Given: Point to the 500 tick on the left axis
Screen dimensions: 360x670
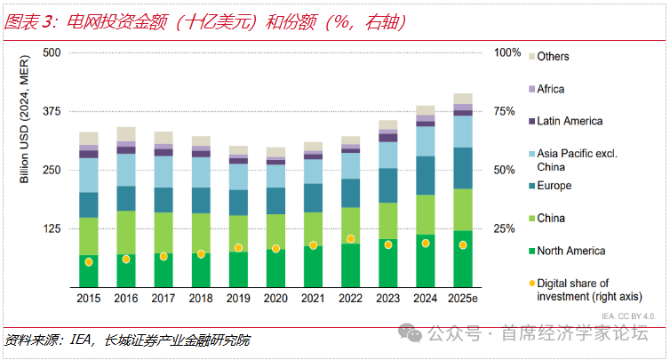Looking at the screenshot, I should (51, 52).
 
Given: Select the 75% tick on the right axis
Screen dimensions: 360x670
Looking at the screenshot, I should (505, 111).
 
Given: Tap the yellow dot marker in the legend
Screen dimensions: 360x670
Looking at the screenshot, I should (532, 284).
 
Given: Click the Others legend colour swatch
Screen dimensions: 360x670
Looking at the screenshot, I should (531, 57).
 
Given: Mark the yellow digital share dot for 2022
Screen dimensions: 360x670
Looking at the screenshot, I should (350, 239).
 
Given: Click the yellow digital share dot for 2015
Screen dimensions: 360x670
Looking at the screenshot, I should (89, 262).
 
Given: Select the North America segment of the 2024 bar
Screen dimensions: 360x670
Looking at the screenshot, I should (425, 260).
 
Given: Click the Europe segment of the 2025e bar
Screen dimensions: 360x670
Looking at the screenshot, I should (462, 168).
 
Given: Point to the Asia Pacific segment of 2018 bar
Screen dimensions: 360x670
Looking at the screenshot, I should (201, 172).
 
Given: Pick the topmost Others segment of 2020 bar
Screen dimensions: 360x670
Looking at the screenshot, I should (275, 152).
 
